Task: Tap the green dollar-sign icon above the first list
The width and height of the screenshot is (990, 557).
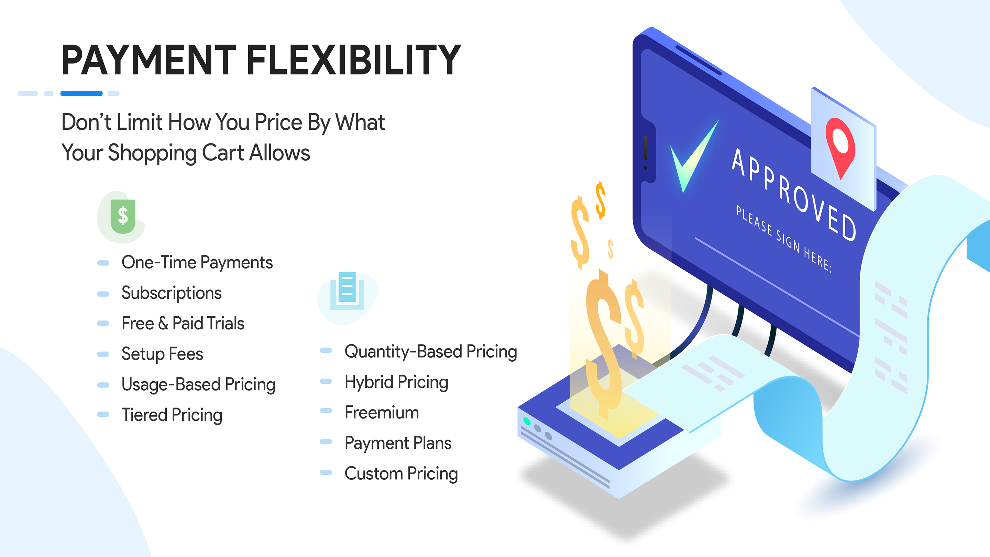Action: (x=123, y=216)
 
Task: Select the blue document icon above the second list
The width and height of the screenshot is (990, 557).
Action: (x=347, y=291)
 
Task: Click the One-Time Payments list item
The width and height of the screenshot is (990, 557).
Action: (x=197, y=263)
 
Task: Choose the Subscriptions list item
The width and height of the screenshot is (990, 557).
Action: (x=172, y=293)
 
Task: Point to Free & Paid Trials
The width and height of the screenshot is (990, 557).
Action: (x=183, y=323)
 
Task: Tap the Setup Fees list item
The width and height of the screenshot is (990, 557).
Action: (x=162, y=354)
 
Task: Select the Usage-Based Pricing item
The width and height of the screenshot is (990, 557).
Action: (x=198, y=384)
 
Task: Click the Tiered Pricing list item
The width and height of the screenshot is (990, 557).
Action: (x=172, y=415)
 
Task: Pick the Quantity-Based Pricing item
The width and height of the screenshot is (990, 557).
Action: (x=430, y=352)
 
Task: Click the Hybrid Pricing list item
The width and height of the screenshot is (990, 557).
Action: (x=396, y=382)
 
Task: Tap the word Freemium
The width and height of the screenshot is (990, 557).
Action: (x=382, y=413)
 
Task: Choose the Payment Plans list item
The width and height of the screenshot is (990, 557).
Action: (x=398, y=443)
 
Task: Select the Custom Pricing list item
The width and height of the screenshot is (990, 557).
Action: (x=401, y=473)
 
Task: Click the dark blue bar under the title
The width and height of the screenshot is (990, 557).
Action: (x=81, y=94)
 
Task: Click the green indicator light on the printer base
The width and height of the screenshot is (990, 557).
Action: (x=527, y=422)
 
